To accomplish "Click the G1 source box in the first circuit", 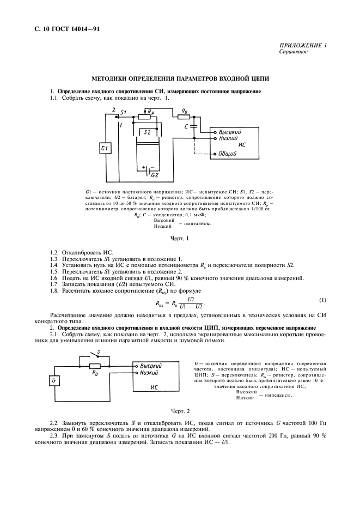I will point(106,149).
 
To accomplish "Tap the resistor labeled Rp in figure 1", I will point(145,116).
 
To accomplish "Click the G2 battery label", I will point(154,174).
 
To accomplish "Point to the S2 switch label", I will point(147,132).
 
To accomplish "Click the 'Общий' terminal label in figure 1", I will point(227,154).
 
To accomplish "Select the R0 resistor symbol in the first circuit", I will point(184,116).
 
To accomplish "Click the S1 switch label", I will point(123,112).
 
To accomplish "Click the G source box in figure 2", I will point(54,381).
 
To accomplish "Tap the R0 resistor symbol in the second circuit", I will point(96,366).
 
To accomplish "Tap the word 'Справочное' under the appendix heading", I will point(292,52).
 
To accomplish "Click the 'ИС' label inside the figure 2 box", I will point(155,386).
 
